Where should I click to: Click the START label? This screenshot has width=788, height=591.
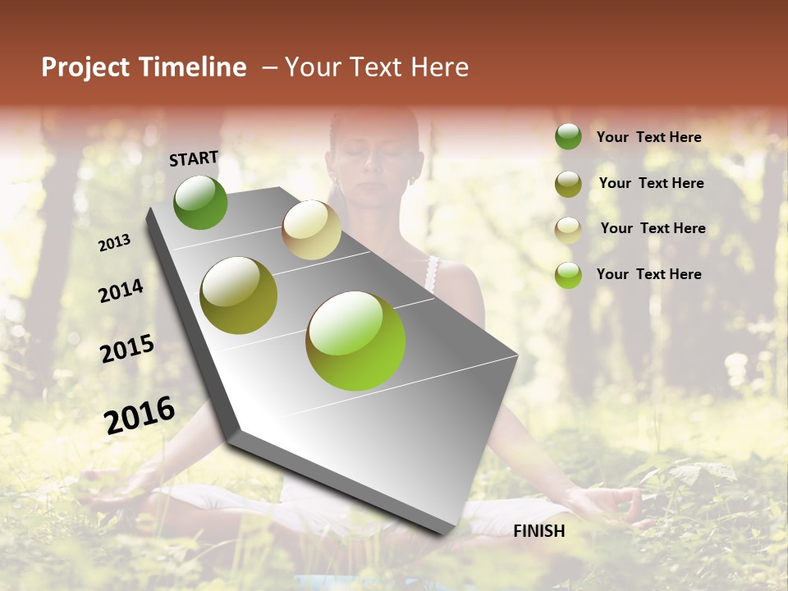(194, 158)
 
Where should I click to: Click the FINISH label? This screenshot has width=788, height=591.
(539, 531)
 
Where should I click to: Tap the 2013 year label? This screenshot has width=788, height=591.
(114, 243)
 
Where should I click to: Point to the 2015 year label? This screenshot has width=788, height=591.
(127, 349)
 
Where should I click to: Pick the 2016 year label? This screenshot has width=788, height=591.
(140, 415)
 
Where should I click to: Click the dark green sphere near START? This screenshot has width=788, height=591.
(200, 202)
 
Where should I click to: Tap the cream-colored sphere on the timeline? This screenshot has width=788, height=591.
(311, 230)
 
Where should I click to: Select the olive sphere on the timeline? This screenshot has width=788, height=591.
(239, 295)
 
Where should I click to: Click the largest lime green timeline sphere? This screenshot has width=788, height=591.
(355, 341)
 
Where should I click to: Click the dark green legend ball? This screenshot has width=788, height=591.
(568, 137)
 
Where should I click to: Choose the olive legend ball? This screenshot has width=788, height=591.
(568, 184)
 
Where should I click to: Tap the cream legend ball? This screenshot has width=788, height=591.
(568, 230)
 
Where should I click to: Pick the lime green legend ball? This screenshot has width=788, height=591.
(568, 275)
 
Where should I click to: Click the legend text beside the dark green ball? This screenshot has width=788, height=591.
(648, 137)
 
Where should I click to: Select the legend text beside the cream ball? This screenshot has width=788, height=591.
(653, 228)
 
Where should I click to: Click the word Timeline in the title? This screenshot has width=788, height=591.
(193, 67)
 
